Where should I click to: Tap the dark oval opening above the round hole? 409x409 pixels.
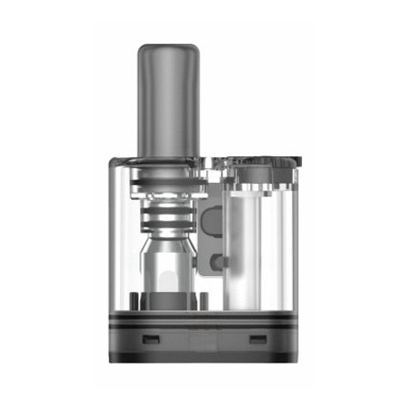(213, 221)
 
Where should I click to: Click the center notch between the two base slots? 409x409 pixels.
(204, 340)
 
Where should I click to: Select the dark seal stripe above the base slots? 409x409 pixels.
(204, 319)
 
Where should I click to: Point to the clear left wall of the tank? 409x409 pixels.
(119, 242)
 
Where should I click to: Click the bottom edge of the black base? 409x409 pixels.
(204, 359)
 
